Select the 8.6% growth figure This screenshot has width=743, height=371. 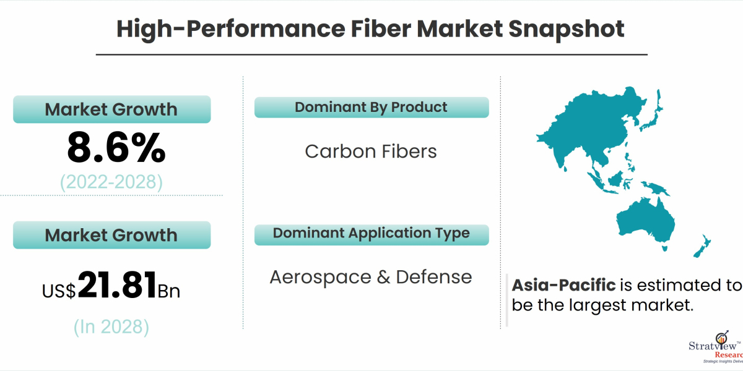pos(116,148)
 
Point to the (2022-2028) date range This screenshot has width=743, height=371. pos(111,182)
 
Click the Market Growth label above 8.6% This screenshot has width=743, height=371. pos(111,109)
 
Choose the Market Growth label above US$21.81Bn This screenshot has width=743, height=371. pos(111,235)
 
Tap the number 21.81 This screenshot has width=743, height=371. pos(117,286)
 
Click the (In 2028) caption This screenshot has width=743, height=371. pos(111,326)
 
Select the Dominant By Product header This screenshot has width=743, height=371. pos(371,107)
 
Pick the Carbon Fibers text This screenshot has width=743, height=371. pos(371,151)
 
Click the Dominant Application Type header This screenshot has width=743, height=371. pos(371,233)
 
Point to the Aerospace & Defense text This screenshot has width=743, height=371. pos(371,277)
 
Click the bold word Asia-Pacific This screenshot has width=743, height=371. pos(563,286)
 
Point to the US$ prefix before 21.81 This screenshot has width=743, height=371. pos(59,291)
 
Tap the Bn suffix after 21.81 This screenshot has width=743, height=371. pos(169,291)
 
